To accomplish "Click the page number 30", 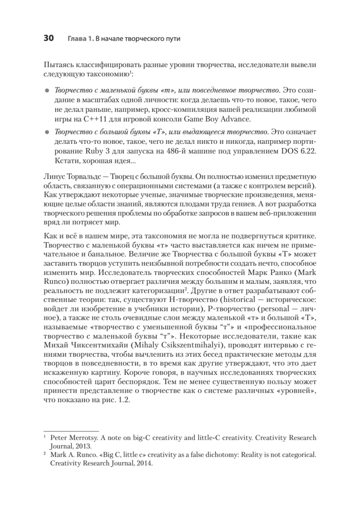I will coord(48,39).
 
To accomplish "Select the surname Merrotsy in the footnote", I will coord(83,437).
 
